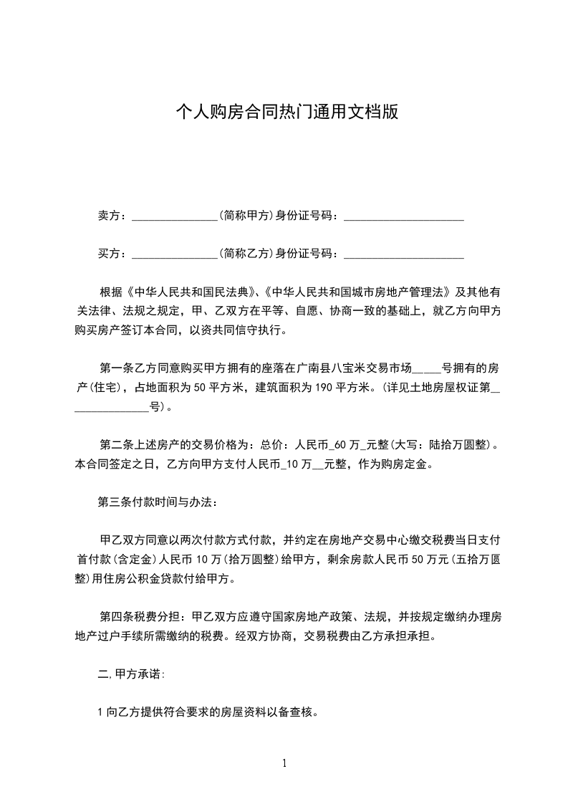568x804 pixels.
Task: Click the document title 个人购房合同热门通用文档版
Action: click(x=284, y=113)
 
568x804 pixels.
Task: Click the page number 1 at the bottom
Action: click(x=284, y=763)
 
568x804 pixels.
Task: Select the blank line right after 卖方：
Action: click(x=175, y=217)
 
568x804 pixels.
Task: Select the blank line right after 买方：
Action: click(x=175, y=254)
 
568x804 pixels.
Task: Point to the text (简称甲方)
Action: click(x=247, y=216)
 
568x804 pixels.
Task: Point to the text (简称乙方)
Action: click(x=247, y=253)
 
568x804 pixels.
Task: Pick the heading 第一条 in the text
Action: click(x=115, y=369)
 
